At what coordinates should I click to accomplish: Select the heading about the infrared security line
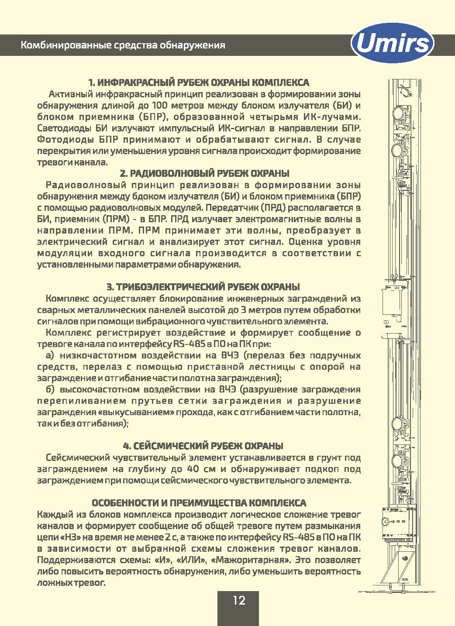coord(199,83)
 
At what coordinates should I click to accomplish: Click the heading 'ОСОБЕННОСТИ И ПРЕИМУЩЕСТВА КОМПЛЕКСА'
coord(199,502)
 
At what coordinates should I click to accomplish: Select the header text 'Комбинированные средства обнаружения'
coord(123,45)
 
